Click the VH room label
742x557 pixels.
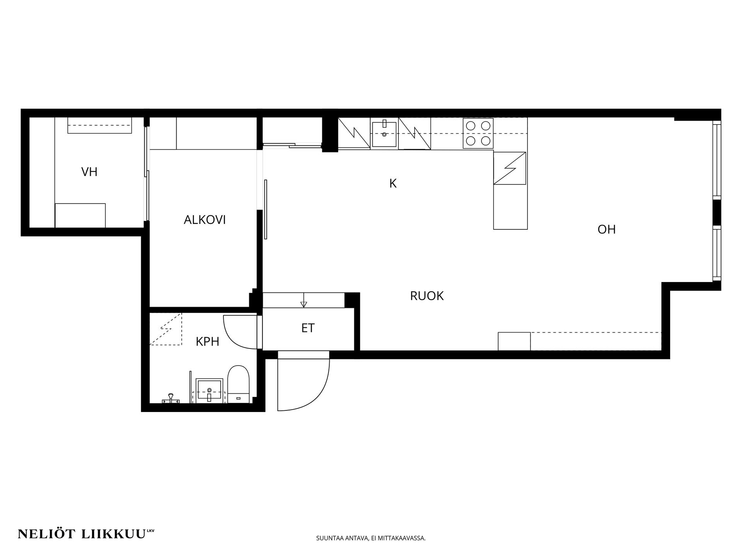(x=89, y=172)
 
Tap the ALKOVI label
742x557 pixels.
(x=204, y=220)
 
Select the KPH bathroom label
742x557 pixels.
(x=208, y=342)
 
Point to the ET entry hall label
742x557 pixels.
(x=308, y=328)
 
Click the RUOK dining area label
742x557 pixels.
(x=427, y=296)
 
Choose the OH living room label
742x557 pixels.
(x=606, y=229)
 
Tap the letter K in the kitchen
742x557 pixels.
(x=393, y=183)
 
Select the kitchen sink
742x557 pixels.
(x=384, y=134)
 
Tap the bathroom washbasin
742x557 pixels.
(x=209, y=391)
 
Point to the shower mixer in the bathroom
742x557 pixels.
(x=170, y=399)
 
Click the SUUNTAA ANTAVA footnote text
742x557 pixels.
(x=371, y=538)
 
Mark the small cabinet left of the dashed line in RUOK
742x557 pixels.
(x=514, y=341)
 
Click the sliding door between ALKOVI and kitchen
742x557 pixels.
(x=265, y=209)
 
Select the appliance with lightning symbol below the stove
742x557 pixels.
(x=510, y=168)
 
